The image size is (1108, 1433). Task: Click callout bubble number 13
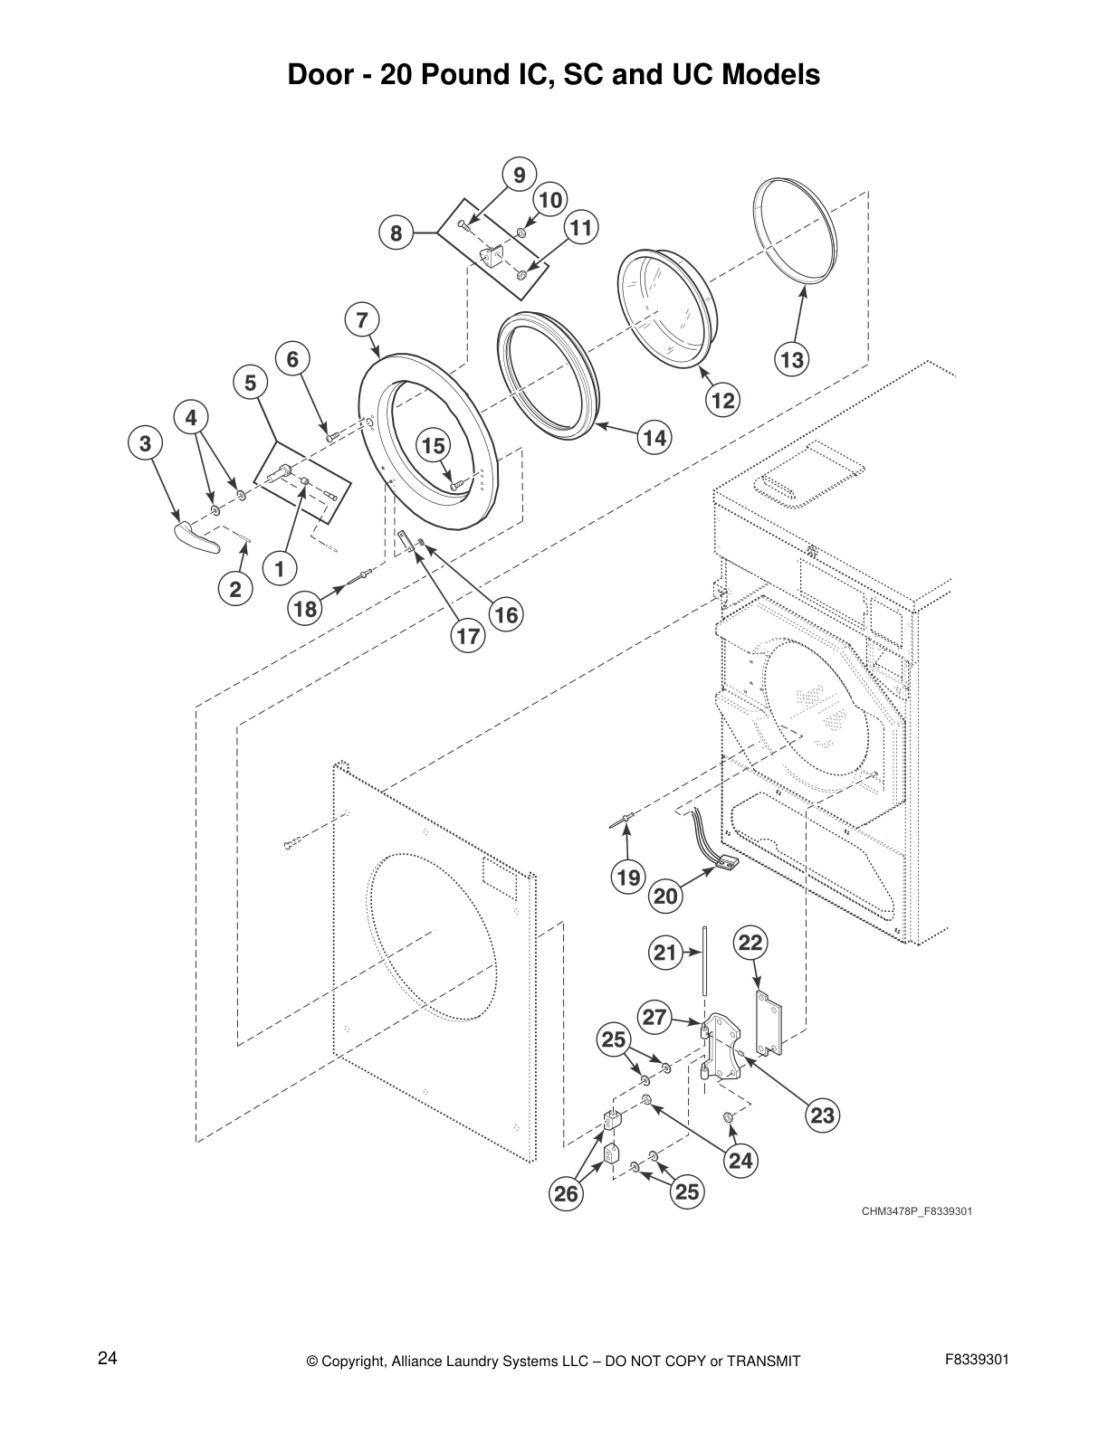pyautogui.click(x=791, y=360)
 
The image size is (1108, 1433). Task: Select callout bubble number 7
pyautogui.click(x=361, y=319)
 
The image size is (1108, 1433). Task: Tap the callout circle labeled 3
pyautogui.click(x=145, y=443)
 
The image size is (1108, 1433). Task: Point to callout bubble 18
pyautogui.click(x=305, y=609)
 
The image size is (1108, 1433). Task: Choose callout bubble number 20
pyautogui.click(x=665, y=897)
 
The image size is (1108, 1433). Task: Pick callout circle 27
pyautogui.click(x=654, y=1017)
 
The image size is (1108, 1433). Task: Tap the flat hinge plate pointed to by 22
pyautogui.click(x=769, y=1023)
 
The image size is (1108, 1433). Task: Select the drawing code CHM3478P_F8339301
pyautogui.click(x=916, y=1210)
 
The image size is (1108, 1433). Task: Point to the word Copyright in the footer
pyautogui.click(x=355, y=1362)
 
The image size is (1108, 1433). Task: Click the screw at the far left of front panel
pyautogui.click(x=292, y=845)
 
